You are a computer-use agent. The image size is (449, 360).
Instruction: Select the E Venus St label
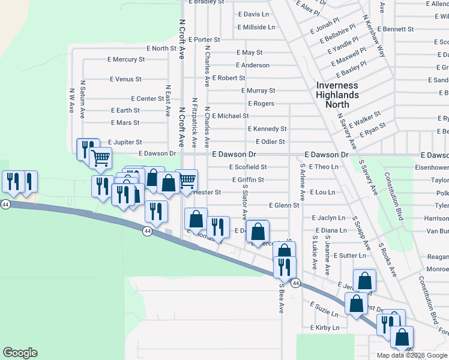[x=125, y=79]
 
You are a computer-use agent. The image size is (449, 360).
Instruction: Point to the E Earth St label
[x=125, y=110]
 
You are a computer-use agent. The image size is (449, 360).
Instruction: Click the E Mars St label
[x=125, y=122]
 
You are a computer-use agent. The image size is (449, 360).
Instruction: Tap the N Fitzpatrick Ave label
[x=194, y=122]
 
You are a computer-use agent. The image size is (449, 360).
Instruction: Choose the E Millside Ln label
[x=256, y=27]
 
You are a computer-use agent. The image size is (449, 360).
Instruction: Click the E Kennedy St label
[x=267, y=129]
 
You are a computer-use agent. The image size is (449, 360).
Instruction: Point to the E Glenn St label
[x=284, y=205]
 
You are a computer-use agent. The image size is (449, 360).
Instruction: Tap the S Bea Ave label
[x=281, y=299]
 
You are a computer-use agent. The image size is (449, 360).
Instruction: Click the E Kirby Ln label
[x=325, y=328]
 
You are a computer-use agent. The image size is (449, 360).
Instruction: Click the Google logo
[x=20, y=353]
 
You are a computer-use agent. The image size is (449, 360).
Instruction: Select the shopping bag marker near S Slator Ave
[x=258, y=232]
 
